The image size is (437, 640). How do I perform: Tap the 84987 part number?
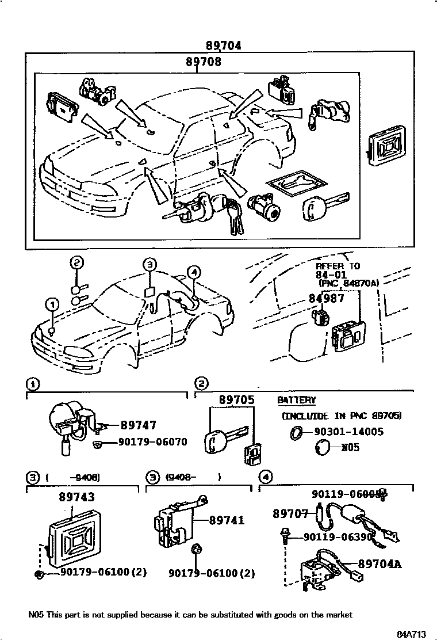click(326, 298)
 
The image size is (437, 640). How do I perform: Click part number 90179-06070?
click(152, 442)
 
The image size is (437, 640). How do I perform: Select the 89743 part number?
click(76, 497)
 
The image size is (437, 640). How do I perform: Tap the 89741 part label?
click(227, 520)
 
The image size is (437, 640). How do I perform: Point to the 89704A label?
click(379, 564)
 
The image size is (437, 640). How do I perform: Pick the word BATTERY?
click(297, 400)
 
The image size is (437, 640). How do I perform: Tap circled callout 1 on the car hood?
click(52, 304)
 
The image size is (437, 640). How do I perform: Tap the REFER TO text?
click(338, 266)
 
